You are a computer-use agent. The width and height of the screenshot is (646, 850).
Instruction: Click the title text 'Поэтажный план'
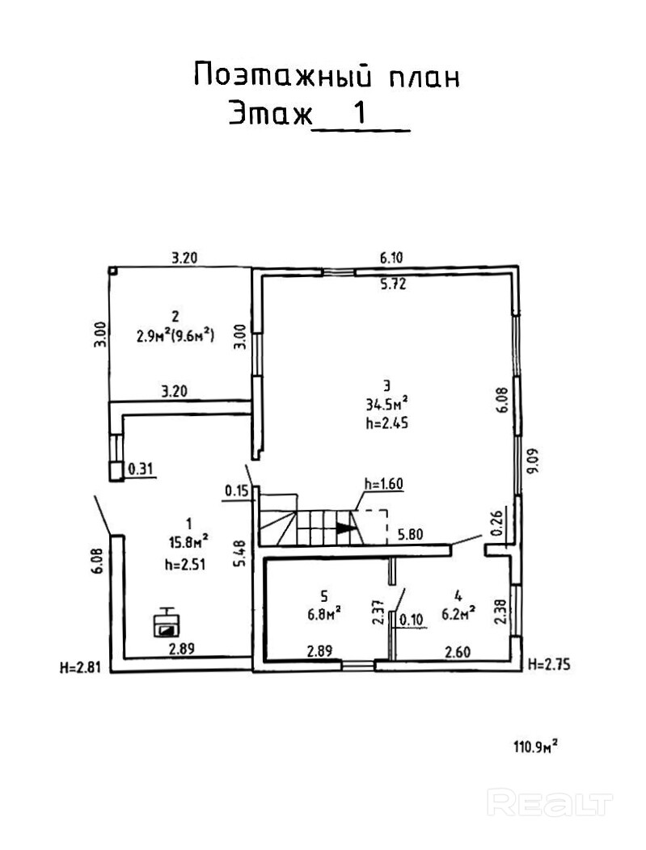click(x=327, y=76)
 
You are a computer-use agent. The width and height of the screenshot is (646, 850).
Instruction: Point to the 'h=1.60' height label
click(x=383, y=484)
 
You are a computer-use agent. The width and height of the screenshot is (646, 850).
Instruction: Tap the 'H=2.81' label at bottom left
click(x=79, y=667)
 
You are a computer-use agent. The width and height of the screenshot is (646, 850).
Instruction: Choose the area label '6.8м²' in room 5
click(x=324, y=612)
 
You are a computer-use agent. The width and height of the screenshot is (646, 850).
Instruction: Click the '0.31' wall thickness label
click(x=141, y=469)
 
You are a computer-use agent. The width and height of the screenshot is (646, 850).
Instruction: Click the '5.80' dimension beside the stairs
click(x=412, y=534)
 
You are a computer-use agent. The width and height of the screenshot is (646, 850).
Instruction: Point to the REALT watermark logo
click(x=551, y=802)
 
